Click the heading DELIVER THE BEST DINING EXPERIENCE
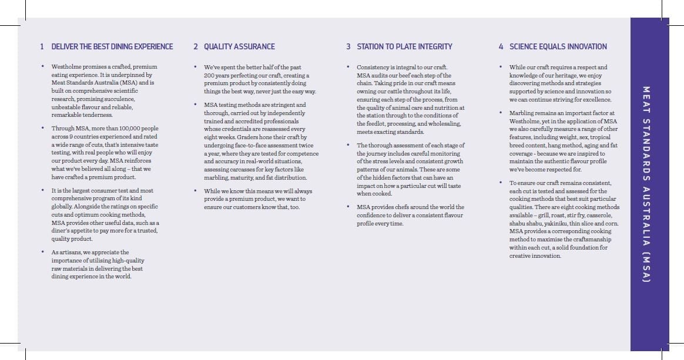(x=112, y=46)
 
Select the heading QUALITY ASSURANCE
(x=239, y=46)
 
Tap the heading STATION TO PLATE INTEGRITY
(x=404, y=46)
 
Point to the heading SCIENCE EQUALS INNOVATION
(x=558, y=46)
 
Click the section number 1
(x=42, y=46)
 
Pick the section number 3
(x=348, y=46)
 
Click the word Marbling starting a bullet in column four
(x=522, y=113)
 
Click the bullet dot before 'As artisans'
(x=42, y=252)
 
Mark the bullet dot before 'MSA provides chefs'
(x=348, y=207)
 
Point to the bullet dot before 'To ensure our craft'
(x=501, y=183)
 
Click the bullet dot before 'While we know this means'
(x=195, y=191)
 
